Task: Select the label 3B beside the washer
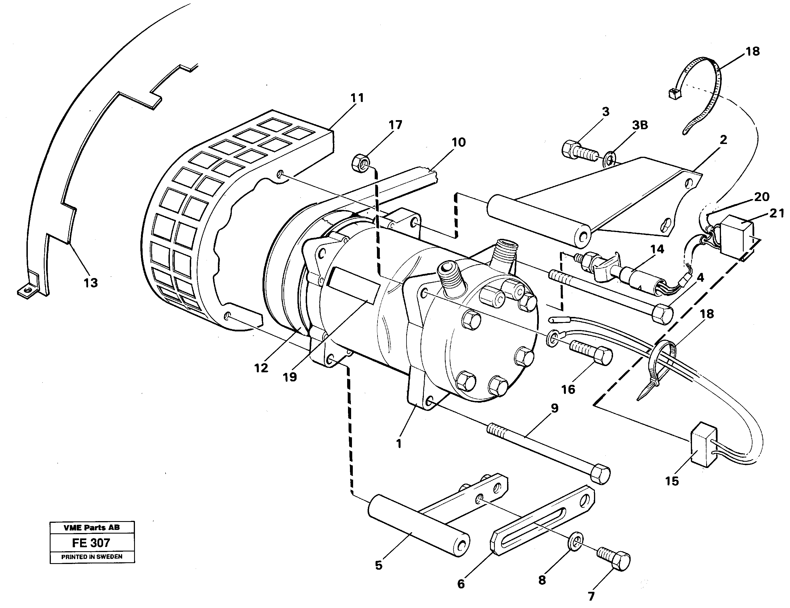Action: [x=640, y=125]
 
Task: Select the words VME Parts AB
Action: [x=92, y=527]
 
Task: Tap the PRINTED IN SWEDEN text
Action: [x=92, y=557]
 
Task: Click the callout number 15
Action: [x=672, y=481]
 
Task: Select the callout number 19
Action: [x=290, y=377]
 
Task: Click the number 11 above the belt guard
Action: [x=357, y=98]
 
